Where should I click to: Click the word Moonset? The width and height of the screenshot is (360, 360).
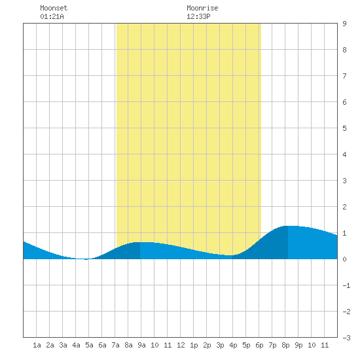click(54, 8)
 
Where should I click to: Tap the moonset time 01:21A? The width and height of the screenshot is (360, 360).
click(52, 16)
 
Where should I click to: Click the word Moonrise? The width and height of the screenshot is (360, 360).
click(202, 8)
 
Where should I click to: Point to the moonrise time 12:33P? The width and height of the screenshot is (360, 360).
click(198, 16)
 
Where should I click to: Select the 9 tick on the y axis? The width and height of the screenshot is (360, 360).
click(344, 24)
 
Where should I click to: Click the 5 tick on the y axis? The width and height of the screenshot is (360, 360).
click(344, 128)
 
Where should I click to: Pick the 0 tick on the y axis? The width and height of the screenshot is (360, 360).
click(344, 259)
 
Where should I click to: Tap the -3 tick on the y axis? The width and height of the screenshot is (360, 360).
click(346, 338)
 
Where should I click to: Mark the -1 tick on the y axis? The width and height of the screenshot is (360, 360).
click(346, 285)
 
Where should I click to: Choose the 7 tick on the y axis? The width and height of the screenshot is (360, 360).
click(344, 76)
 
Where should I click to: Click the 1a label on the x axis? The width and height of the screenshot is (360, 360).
click(37, 345)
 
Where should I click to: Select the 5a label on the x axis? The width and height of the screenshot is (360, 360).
click(89, 345)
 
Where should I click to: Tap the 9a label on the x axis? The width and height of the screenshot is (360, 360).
click(141, 345)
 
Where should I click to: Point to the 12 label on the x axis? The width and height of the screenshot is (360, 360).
click(181, 345)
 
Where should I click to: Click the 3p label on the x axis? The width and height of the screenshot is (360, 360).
click(220, 345)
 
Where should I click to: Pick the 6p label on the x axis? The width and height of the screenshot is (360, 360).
click(259, 345)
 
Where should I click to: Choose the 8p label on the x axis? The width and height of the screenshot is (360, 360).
click(285, 345)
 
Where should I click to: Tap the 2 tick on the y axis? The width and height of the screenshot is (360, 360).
click(344, 207)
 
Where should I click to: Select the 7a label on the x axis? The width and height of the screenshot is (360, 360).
click(115, 345)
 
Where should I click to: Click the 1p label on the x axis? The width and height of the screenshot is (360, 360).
click(194, 345)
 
